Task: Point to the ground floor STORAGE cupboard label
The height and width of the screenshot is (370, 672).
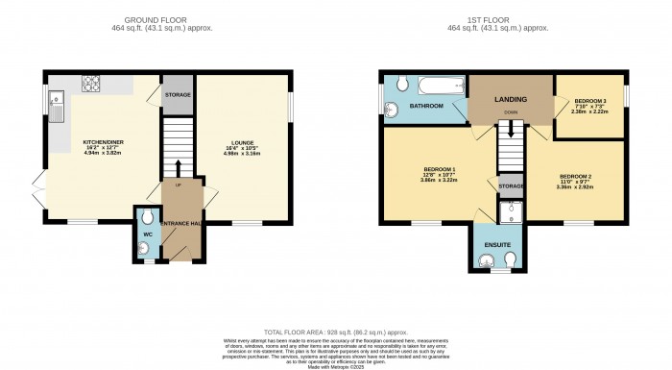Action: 177,94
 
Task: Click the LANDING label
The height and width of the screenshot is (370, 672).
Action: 510,98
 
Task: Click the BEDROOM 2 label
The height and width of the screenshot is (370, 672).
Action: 576,178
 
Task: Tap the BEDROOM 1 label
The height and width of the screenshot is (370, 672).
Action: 438,170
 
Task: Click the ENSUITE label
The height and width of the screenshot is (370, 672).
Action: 496,245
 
